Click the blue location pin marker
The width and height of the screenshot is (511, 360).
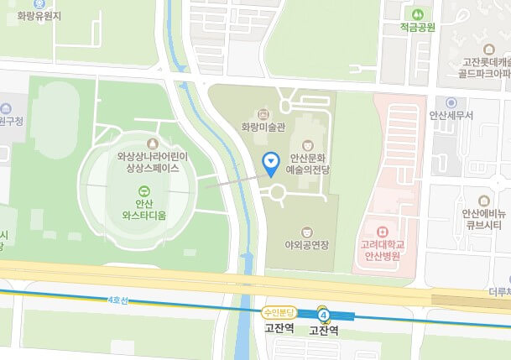271,163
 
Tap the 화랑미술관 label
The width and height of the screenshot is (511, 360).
263,127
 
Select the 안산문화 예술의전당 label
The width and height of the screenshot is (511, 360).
311,163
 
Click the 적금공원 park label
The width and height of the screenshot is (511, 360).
417,27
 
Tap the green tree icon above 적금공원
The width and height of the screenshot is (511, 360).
417,13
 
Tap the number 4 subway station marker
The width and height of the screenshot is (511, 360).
324,316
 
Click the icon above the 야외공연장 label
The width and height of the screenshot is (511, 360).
306,229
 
